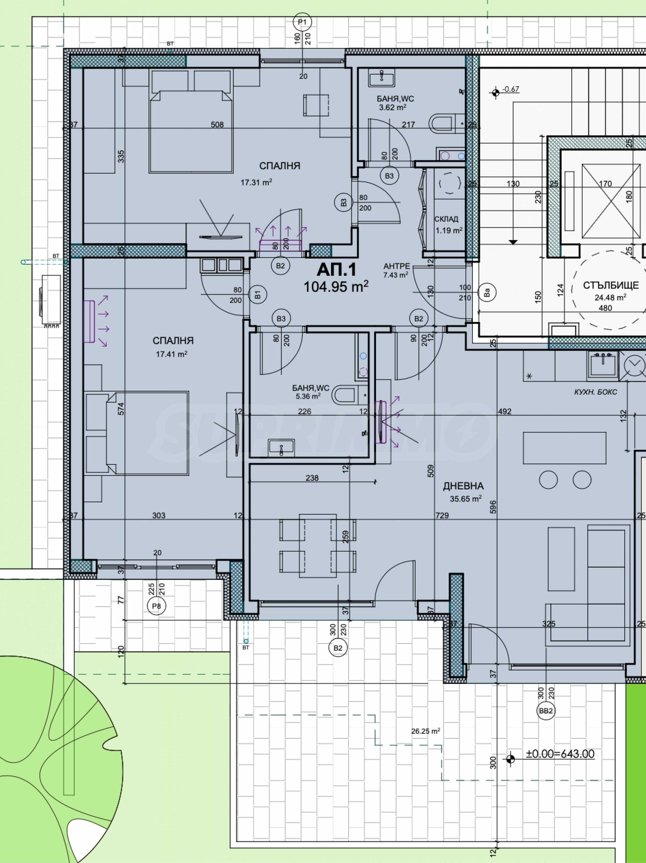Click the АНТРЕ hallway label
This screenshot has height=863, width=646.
396,266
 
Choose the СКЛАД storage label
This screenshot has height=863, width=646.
446,219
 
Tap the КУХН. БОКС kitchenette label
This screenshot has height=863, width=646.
596,392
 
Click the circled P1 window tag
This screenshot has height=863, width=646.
303,22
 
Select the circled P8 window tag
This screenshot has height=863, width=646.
156,606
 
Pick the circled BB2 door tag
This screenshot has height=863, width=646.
546,711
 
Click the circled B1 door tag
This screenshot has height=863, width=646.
258,295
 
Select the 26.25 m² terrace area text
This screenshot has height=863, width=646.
426,731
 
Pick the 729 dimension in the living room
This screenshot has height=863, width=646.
442,515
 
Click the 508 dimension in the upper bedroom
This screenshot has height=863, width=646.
217,125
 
